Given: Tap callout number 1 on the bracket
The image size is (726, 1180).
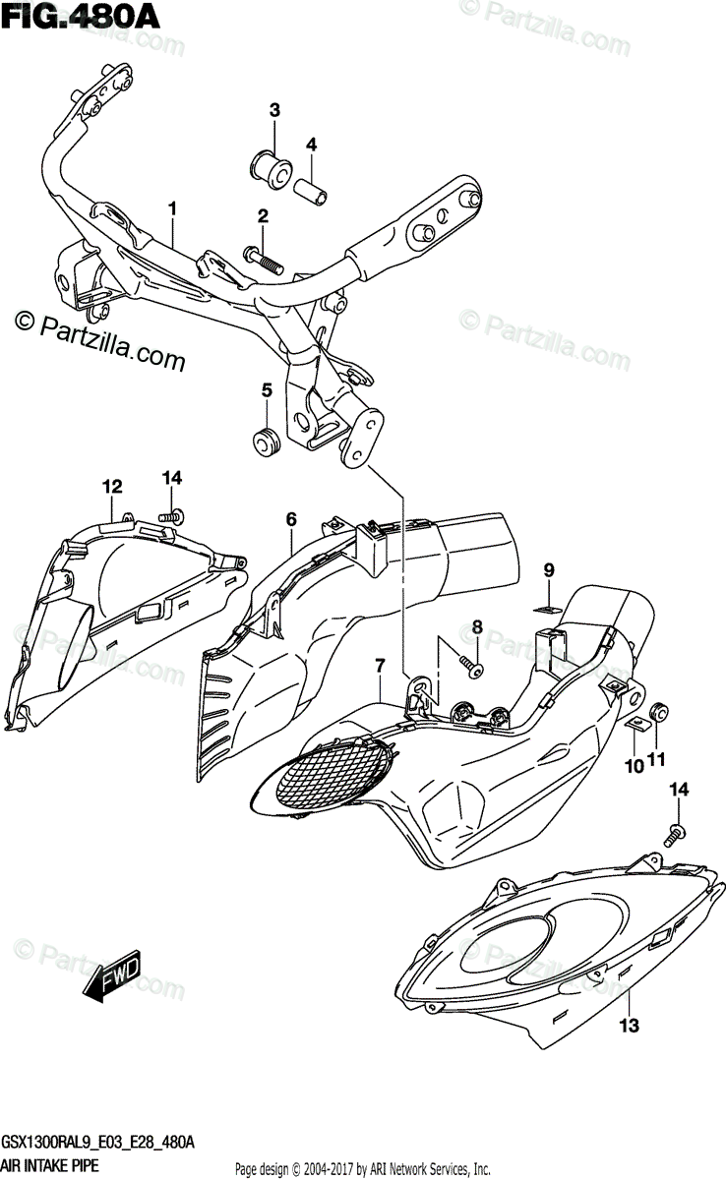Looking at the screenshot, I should click(x=172, y=208).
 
